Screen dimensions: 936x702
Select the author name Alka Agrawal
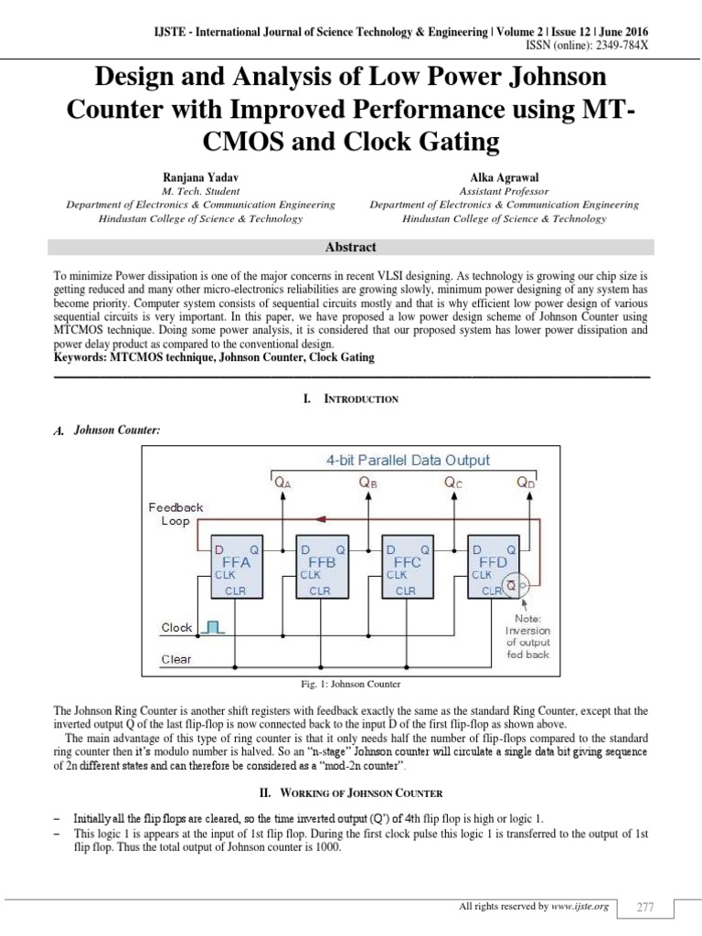pos(504,176)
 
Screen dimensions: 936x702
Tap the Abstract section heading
pos(351,247)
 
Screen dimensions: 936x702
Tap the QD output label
pos(526,484)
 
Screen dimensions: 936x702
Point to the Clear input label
pos(176,659)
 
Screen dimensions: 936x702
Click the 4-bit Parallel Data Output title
pos(407,461)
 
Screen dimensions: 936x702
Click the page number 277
pos(645,907)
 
